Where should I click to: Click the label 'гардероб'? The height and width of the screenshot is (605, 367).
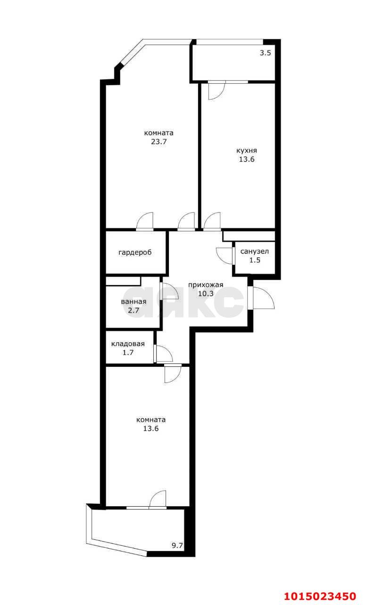(135, 252)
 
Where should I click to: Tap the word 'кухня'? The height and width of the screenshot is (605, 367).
(247, 151)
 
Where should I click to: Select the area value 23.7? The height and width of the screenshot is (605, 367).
(159, 141)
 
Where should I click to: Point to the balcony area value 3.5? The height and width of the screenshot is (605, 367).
(266, 53)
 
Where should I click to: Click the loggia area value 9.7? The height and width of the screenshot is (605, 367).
(177, 545)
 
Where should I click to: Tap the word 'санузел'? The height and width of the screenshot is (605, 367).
(255, 251)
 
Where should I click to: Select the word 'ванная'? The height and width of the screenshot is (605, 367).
(133, 302)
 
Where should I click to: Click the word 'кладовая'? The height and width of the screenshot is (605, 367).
(128, 344)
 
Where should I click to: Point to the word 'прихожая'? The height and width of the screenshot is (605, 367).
(206, 285)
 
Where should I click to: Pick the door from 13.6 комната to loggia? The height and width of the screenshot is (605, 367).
(158, 500)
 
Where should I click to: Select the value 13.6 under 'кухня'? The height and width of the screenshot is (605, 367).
(247, 159)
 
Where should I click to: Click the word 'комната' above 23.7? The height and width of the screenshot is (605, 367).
(159, 133)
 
